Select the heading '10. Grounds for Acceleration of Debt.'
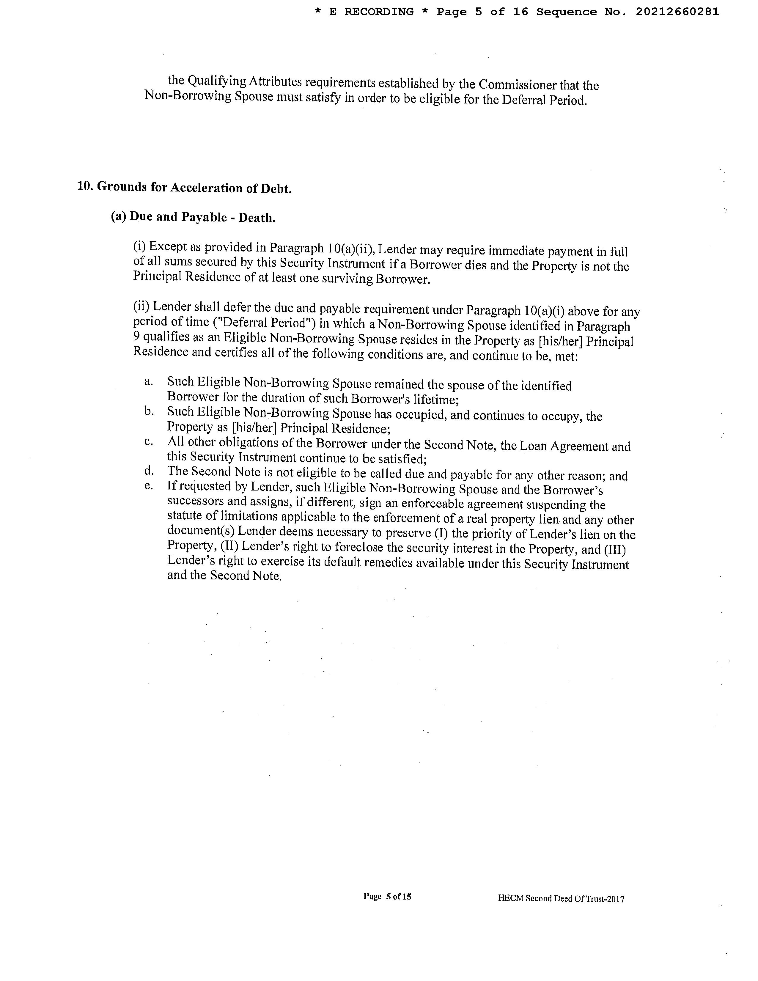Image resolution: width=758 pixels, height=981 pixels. pos(185,187)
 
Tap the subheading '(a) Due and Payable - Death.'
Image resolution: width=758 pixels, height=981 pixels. pos(193,217)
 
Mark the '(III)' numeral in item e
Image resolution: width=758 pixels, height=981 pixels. pos(615,550)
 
